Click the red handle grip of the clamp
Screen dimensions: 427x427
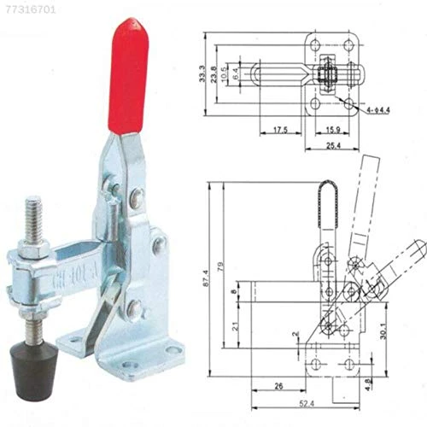coord(131,77)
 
